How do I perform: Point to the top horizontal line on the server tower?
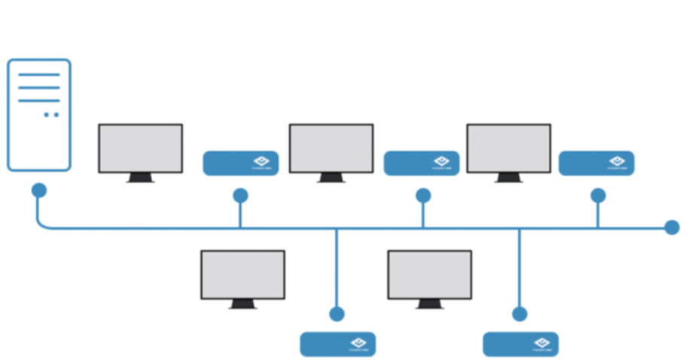tap(39, 75)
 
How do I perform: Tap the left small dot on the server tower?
tap(47, 114)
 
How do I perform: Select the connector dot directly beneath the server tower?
tap(38, 189)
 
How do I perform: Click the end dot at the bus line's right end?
tap(672, 227)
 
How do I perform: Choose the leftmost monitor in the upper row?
tap(141, 150)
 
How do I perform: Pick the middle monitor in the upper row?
tap(331, 150)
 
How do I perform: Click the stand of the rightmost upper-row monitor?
tap(508, 179)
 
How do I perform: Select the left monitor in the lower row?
tap(242, 276)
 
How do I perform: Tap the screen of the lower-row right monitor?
tap(429, 274)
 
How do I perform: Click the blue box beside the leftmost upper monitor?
tap(241, 163)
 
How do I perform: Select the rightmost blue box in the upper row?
tap(596, 163)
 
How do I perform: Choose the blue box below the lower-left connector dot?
tap(337, 344)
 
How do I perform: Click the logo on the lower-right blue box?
tap(541, 343)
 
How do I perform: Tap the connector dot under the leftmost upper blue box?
tap(240, 196)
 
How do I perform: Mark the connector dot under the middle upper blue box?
tap(423, 196)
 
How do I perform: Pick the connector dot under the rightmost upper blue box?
tap(598, 196)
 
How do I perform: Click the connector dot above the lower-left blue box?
tap(337, 313)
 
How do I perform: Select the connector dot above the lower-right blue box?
tap(520, 313)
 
